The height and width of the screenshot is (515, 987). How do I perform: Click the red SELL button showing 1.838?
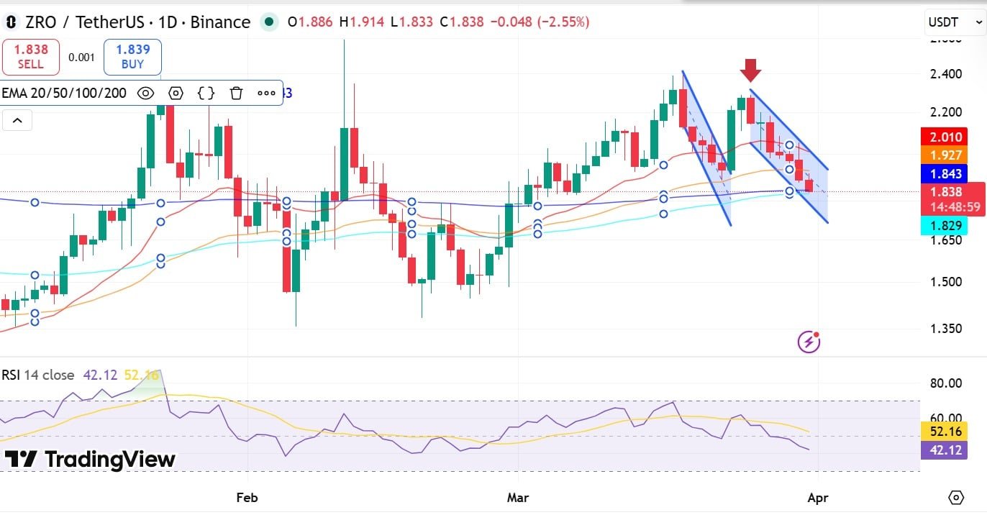tap(31, 57)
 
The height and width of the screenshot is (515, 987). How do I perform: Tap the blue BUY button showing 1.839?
tap(132, 57)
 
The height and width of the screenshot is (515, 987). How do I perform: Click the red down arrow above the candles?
tap(750, 70)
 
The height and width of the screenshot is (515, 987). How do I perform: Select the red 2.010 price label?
tap(945, 137)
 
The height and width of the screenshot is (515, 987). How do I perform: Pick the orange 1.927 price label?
tap(945, 155)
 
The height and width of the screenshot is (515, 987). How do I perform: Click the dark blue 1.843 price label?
tap(945, 173)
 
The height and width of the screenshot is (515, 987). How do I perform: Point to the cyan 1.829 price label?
tap(945, 226)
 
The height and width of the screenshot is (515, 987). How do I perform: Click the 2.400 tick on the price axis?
tap(945, 74)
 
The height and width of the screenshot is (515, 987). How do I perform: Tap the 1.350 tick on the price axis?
tap(945, 329)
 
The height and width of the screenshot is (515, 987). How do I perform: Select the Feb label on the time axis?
tap(247, 497)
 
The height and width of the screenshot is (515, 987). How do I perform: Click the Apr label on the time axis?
tap(818, 497)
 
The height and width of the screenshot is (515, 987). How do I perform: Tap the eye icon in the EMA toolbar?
tap(146, 93)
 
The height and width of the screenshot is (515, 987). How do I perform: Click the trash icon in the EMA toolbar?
tap(236, 93)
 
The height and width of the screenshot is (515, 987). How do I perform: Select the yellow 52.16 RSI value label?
tap(945, 432)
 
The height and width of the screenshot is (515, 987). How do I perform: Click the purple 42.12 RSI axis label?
tap(945, 450)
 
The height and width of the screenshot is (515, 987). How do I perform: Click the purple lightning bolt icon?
tap(809, 342)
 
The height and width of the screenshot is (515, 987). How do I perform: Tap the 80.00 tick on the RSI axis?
tap(945, 383)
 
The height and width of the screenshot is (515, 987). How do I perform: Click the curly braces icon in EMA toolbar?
tap(206, 93)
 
